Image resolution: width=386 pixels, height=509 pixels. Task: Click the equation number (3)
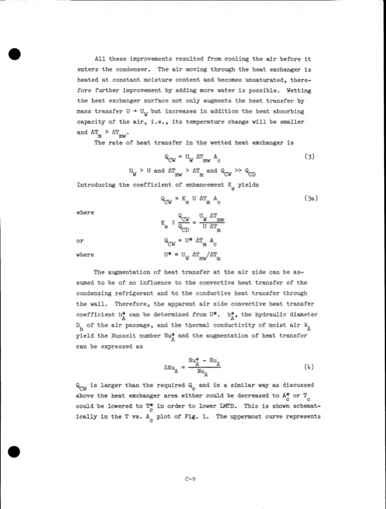(309, 157)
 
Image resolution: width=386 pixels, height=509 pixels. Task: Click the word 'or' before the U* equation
(81, 241)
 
